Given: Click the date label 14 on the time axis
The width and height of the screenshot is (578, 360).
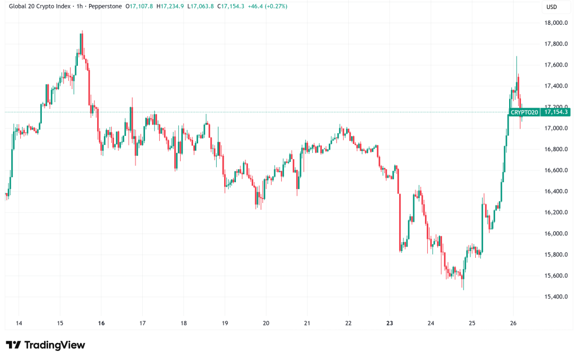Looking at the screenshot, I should pyautogui.click(x=19, y=323).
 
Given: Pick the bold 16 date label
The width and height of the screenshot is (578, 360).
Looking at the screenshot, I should pyautogui.click(x=101, y=323).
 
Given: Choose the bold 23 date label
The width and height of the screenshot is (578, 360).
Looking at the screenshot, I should pyautogui.click(x=389, y=323).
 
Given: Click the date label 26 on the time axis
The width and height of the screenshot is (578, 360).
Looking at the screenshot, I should pyautogui.click(x=513, y=323).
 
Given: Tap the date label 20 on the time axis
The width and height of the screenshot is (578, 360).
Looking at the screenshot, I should pyautogui.click(x=266, y=323).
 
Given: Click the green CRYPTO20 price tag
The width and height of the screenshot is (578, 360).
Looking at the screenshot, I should pyautogui.click(x=524, y=112).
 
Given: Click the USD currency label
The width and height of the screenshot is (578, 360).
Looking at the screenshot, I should pyautogui.click(x=551, y=7).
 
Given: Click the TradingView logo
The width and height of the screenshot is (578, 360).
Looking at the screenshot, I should pyautogui.click(x=45, y=345).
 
